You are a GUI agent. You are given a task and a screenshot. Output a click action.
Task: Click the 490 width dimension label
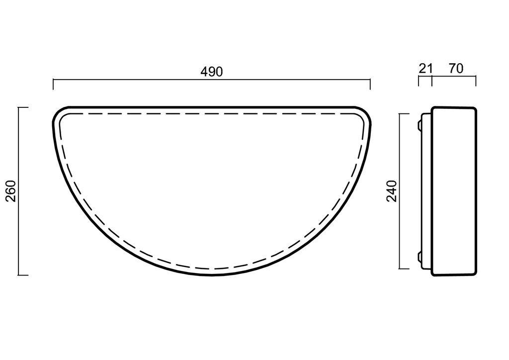point(212,72)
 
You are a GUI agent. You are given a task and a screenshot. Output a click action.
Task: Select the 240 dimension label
point(392,191)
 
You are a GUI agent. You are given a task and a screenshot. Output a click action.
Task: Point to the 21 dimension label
point(425,69)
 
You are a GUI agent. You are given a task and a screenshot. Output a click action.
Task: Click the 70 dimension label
point(456,69)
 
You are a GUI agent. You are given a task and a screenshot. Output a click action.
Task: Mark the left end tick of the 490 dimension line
point(53,85)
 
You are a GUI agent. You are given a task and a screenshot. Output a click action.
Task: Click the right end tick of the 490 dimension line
point(370,85)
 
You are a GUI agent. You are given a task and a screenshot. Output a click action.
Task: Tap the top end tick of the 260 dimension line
point(23,107)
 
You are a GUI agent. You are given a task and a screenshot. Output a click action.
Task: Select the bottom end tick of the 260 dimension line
point(23,275)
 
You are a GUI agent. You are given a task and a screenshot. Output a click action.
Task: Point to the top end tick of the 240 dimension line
point(404,114)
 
